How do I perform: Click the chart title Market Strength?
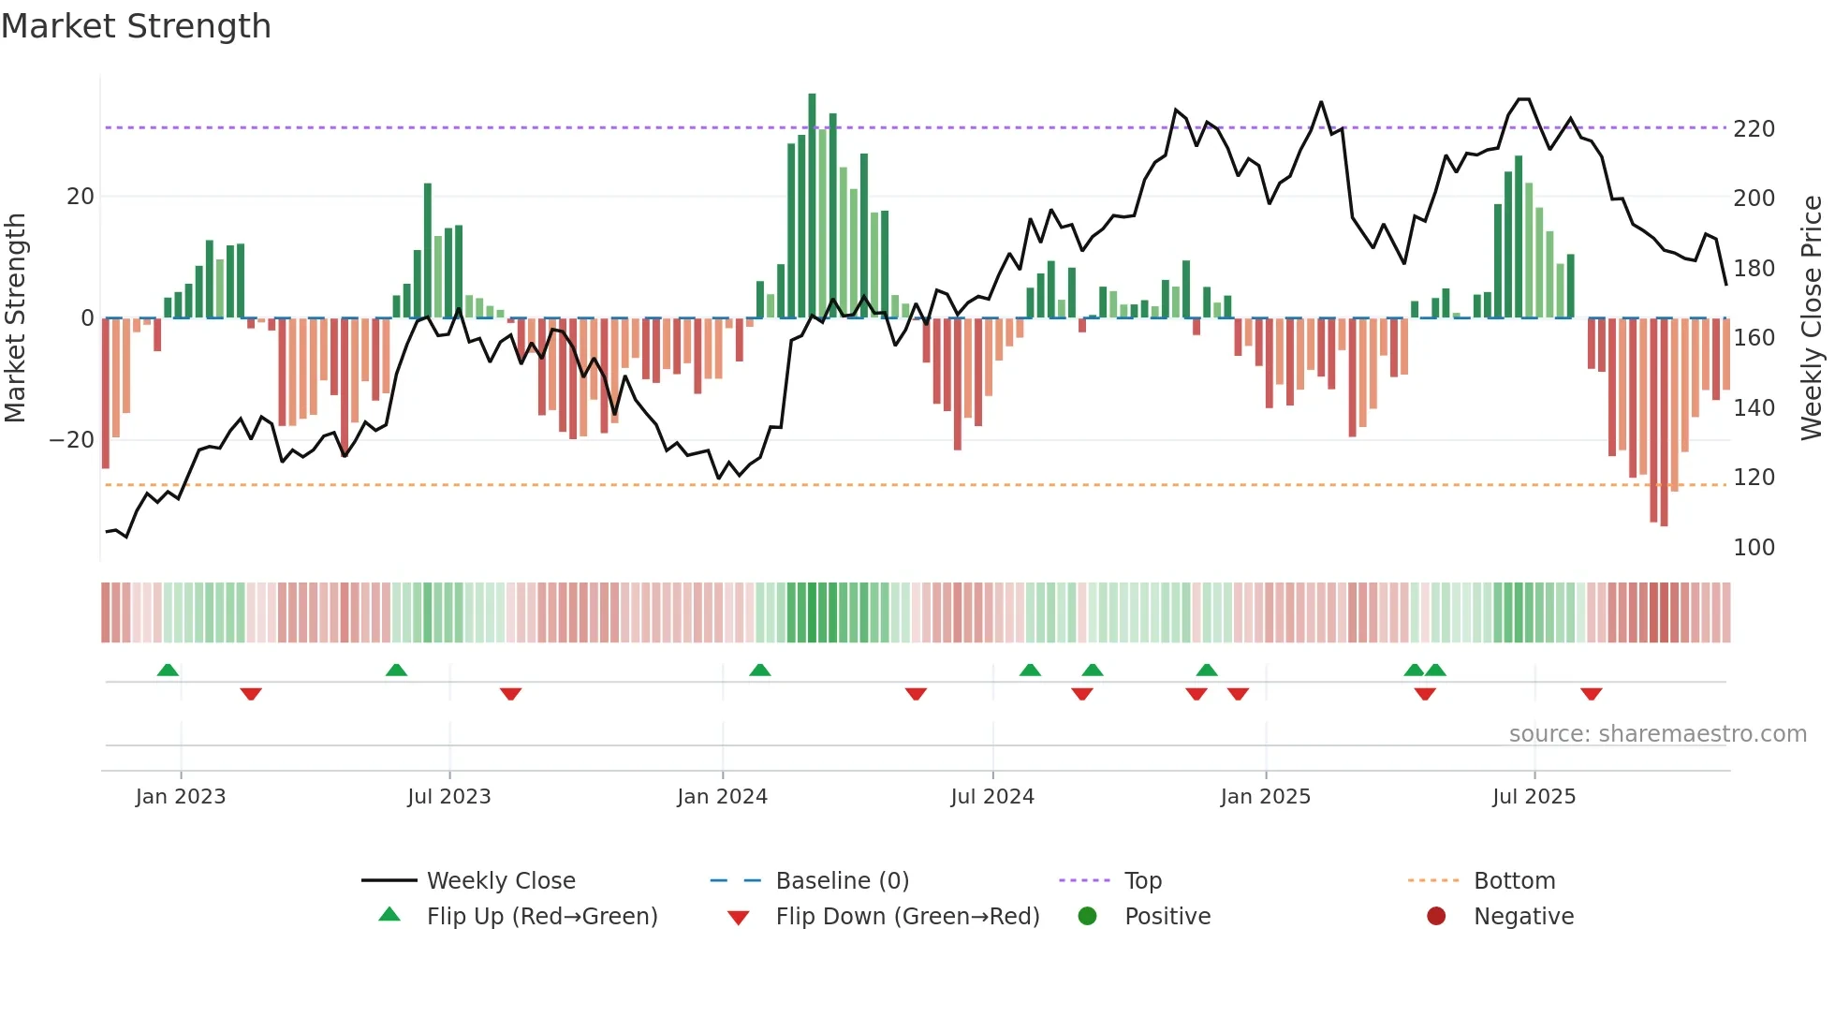136,26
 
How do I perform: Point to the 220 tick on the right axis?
1753,129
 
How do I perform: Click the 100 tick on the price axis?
1753,548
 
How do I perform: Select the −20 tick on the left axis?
72,440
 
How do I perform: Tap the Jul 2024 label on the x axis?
991,797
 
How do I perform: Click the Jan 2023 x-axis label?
181,797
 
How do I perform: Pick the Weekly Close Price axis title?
1812,318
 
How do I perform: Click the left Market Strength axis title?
15,318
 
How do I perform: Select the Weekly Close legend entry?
500,881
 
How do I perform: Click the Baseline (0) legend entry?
842,881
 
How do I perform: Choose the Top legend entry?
1142,881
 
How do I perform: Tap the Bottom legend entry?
1514,881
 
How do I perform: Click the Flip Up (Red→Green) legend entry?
541,917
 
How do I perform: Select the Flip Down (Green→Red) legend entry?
906,917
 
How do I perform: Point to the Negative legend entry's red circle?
1435,917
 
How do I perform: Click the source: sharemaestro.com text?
1657,734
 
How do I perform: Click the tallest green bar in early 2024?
812,206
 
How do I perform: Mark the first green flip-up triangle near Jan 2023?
168,671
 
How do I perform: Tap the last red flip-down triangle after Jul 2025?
1591,694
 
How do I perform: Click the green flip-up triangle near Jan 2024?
759,671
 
